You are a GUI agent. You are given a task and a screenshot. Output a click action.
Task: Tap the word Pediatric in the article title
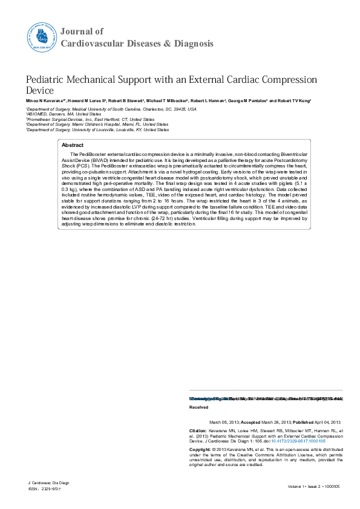click(48, 80)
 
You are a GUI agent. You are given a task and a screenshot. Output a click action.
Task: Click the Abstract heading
click(73, 146)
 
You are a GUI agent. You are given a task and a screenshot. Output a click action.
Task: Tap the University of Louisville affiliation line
click(97, 130)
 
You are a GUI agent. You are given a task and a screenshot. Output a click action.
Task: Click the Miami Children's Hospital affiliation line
click(97, 125)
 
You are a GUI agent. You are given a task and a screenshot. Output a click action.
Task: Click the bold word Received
click(199, 407)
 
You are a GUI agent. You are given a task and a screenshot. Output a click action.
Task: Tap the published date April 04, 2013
click(326, 421)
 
